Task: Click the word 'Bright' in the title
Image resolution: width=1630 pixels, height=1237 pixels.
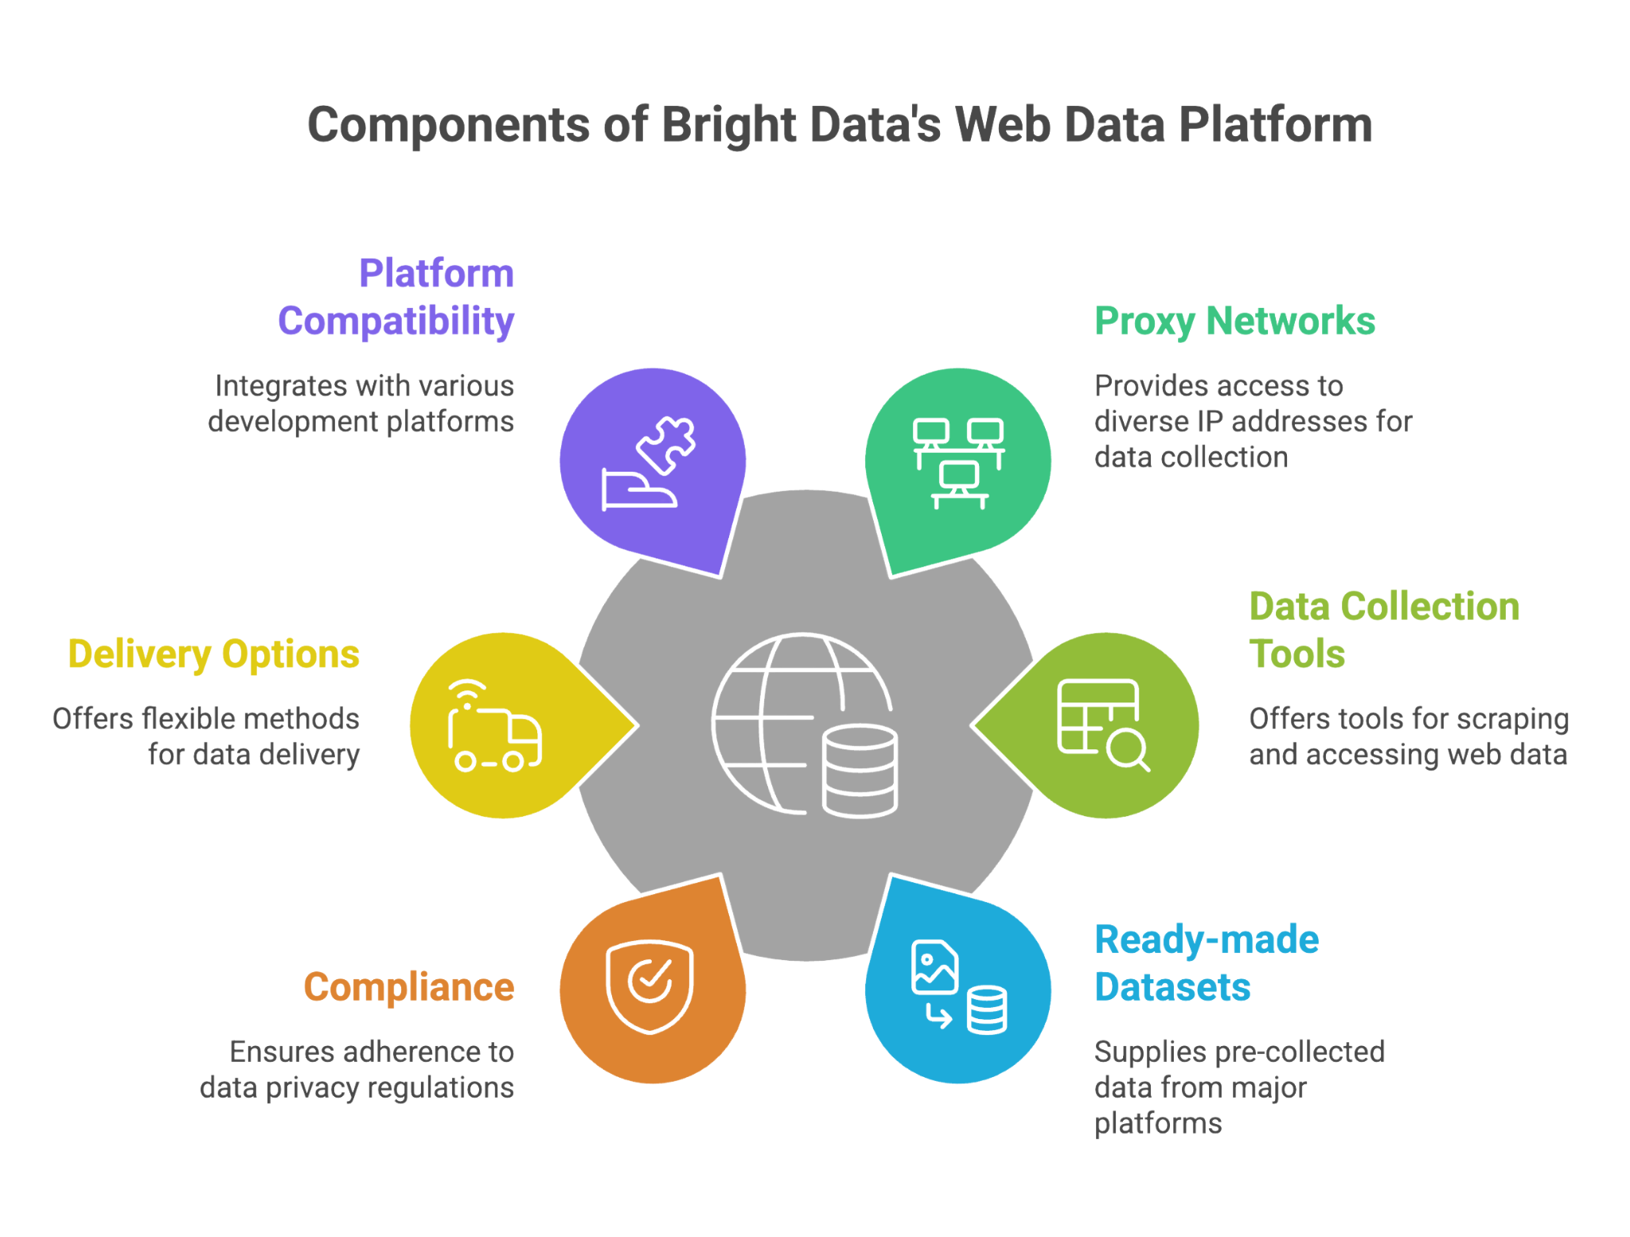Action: (x=728, y=125)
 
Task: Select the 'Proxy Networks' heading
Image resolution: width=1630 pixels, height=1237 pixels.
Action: (x=1234, y=321)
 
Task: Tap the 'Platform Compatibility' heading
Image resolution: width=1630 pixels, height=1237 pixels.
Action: (x=396, y=298)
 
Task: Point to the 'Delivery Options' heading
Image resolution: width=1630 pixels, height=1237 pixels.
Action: (x=213, y=654)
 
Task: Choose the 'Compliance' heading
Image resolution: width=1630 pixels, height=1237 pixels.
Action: (x=409, y=987)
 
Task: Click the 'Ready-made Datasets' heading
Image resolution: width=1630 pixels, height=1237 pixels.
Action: (x=1207, y=963)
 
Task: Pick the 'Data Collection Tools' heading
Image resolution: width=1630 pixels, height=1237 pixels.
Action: (x=1384, y=630)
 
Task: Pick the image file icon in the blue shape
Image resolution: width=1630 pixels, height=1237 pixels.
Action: (x=934, y=967)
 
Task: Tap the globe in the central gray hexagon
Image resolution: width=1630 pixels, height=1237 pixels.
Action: (x=776, y=716)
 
